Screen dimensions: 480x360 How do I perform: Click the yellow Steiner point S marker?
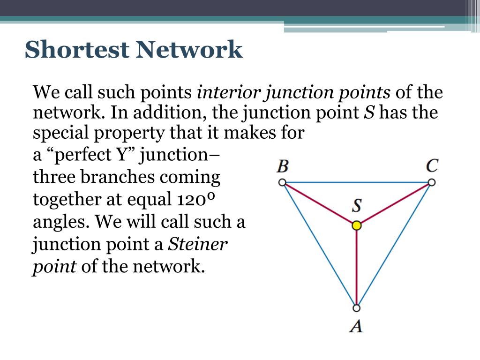pos(357,225)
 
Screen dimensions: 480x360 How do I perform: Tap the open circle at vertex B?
pos(282,182)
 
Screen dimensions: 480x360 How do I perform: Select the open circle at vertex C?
pos(432,182)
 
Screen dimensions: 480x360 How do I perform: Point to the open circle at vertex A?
pos(356,308)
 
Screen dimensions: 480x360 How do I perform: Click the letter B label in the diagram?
pos(282,166)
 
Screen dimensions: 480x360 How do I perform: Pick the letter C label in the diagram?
pos(432,166)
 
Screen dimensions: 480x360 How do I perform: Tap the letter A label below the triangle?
pos(356,325)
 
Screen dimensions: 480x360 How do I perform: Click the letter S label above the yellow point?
pos(357,206)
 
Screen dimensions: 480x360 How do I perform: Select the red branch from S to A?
pos(357,267)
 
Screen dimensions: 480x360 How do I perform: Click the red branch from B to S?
pos(319,203)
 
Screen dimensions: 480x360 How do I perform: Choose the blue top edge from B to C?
pos(356,182)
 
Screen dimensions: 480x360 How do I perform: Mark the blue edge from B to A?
pos(319,245)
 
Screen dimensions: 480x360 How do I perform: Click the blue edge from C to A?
pos(394,245)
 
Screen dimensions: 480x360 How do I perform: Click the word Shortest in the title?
pos(76,49)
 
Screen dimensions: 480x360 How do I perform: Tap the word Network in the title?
pos(189,49)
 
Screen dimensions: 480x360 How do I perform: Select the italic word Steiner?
pos(198,244)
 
